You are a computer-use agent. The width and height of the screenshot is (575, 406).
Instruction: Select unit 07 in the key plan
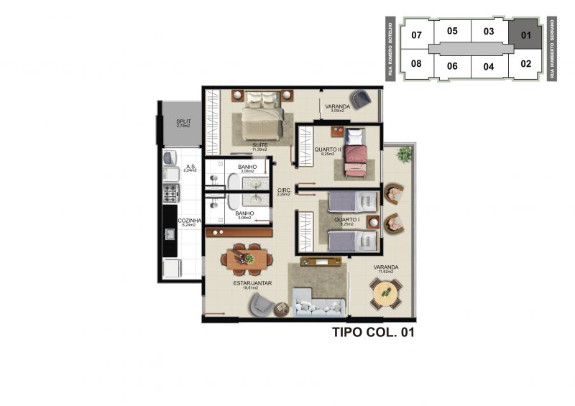click(416, 34)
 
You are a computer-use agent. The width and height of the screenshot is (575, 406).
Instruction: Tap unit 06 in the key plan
click(452, 66)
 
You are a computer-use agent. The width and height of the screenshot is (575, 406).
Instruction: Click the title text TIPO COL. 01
click(373, 333)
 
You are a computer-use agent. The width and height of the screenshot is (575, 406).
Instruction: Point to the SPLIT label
click(183, 123)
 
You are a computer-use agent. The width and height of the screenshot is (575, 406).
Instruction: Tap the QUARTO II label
click(326, 150)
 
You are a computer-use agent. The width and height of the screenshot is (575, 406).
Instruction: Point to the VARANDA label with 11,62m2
click(386, 268)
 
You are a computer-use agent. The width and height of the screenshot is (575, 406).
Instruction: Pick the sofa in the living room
click(317, 302)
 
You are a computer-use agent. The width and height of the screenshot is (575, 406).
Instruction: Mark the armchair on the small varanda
click(360, 98)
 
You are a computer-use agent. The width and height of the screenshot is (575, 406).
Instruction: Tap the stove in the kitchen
click(170, 193)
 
